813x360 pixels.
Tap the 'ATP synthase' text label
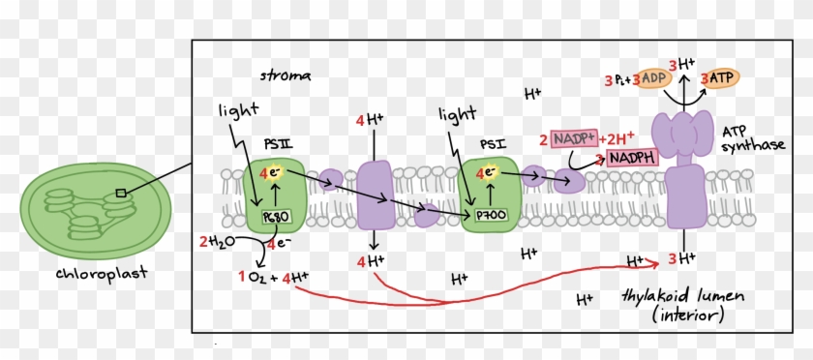(752, 137)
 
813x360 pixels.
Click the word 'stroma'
(282, 75)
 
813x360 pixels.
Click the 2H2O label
(216, 241)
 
